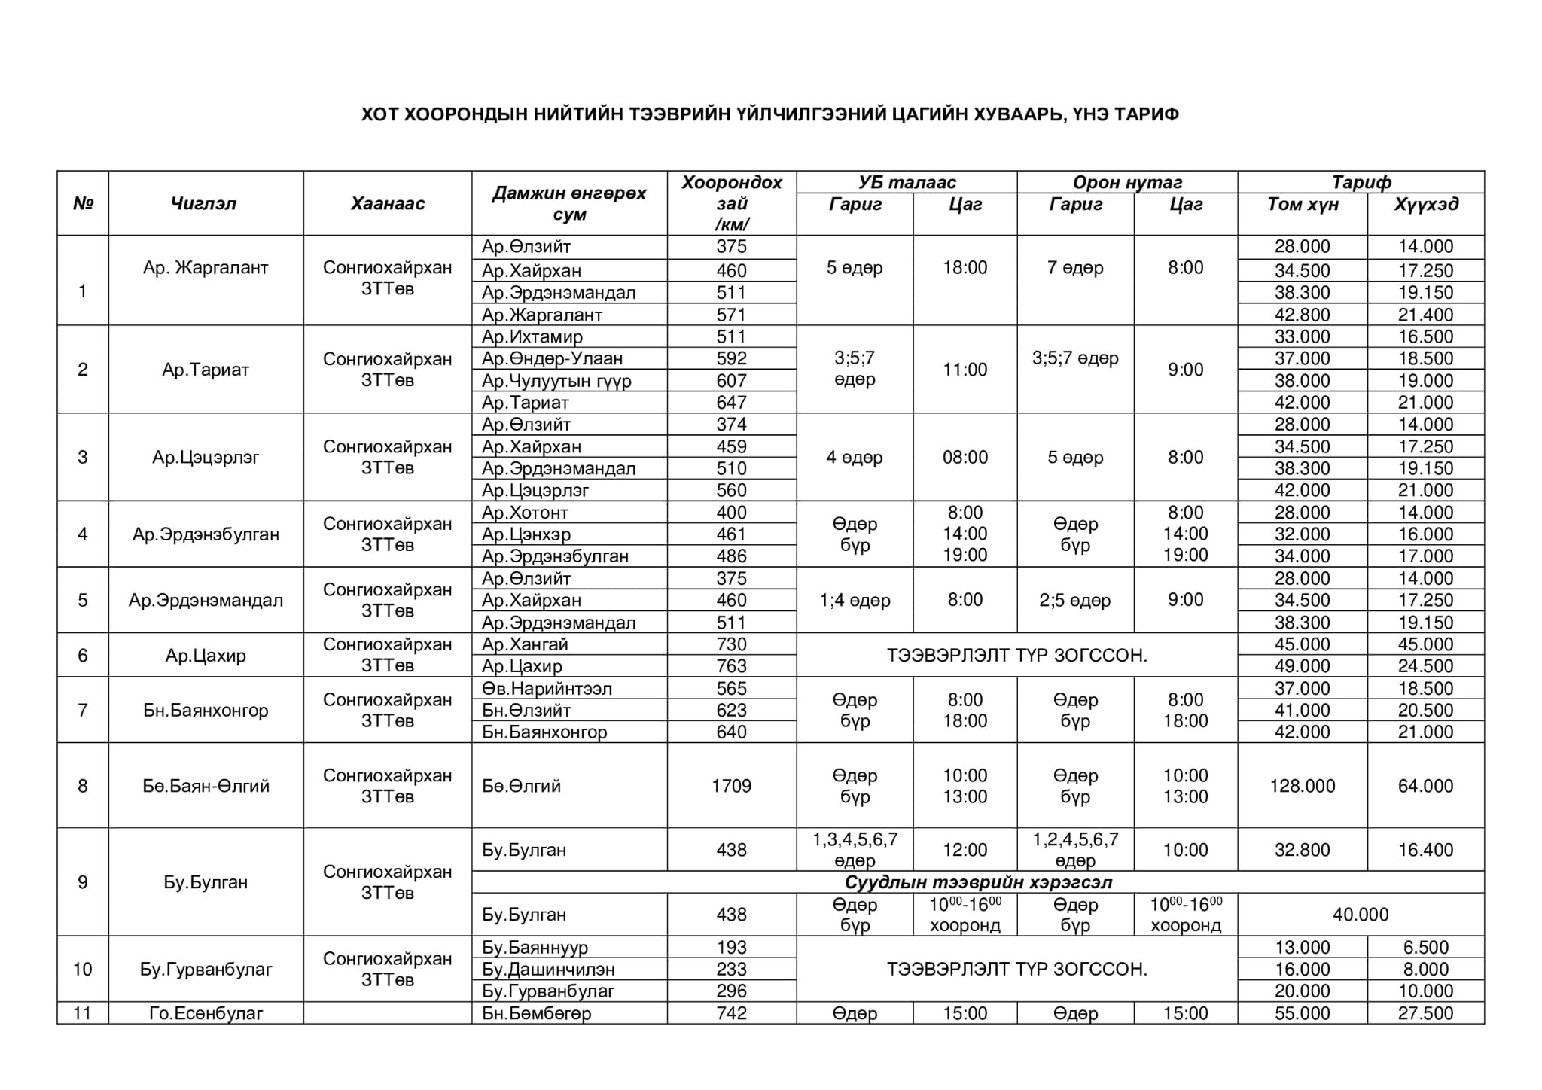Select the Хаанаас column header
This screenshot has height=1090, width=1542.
(x=387, y=203)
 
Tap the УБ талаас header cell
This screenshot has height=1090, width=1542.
(x=907, y=182)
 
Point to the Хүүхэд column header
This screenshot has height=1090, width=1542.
(x=1425, y=204)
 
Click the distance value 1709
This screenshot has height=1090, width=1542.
(x=731, y=786)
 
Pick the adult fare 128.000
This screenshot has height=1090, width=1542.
(x=1302, y=786)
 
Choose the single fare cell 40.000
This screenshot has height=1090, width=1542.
(x=1361, y=915)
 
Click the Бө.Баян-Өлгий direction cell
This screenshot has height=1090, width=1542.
(x=206, y=786)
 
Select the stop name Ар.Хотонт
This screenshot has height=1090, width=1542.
(x=525, y=513)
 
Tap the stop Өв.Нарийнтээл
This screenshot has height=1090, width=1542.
(x=547, y=688)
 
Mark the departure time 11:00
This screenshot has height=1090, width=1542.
(x=965, y=370)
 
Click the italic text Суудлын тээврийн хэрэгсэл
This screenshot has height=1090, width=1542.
(x=978, y=882)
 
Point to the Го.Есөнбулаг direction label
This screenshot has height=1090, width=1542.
(x=206, y=1013)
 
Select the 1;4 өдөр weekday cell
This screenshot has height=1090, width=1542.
(x=855, y=600)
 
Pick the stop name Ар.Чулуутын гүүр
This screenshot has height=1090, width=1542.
(x=556, y=381)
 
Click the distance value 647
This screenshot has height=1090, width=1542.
(x=731, y=403)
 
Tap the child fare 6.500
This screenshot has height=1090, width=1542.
(x=1425, y=947)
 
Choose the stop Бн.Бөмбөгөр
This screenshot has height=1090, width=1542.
(x=536, y=1013)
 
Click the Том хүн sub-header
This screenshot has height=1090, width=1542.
(x=1302, y=204)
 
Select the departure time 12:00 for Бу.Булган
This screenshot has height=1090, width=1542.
(x=965, y=850)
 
